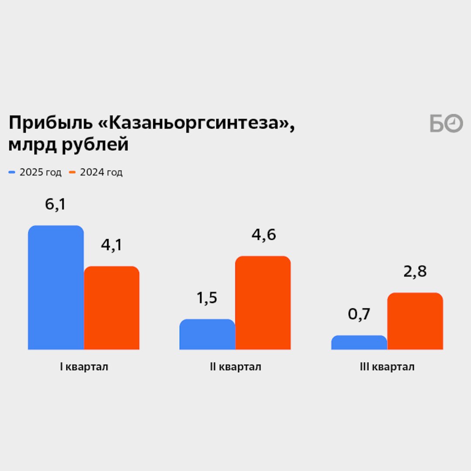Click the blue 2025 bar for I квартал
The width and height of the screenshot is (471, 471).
point(56,288)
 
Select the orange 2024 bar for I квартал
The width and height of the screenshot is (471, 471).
point(112,308)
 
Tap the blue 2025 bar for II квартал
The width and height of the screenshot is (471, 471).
point(207,334)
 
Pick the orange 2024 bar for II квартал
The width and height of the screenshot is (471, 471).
point(263,303)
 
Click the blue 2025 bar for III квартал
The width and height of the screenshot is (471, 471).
point(359,343)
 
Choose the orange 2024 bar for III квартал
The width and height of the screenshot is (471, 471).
point(415,321)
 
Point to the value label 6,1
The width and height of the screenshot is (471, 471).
point(55,205)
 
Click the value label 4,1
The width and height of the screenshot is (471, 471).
point(112,245)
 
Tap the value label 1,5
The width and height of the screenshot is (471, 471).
point(207,298)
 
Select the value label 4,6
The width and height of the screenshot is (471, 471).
point(263,235)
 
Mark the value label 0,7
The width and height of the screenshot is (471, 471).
point(359,314)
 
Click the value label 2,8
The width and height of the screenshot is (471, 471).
point(415,272)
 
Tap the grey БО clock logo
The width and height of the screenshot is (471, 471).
point(446,124)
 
